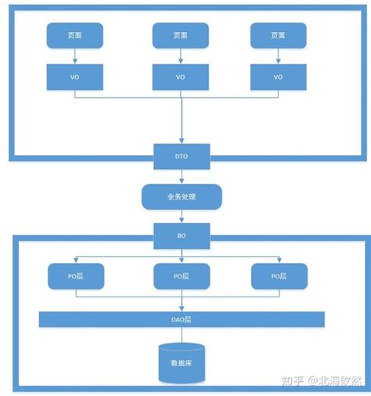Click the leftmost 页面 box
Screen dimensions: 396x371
pos(74,34)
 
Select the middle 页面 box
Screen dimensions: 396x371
pos(181,34)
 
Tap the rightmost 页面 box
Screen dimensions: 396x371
pos(279,34)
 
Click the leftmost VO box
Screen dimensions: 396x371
pos(74,77)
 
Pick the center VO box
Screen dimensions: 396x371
pos(181,77)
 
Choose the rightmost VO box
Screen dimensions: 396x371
pos(279,77)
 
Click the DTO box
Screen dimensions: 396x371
pos(181,157)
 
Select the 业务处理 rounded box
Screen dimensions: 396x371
pos(181,196)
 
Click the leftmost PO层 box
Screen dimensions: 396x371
pos(74,275)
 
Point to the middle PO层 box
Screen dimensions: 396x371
pos(181,275)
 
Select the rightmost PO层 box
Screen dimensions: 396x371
pos(279,275)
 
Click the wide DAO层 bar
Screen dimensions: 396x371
pos(181,319)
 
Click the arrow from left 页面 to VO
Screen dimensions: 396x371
pos(74,56)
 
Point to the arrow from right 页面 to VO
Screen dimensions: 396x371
pos(279,56)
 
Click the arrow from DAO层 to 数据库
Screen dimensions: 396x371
pos(181,334)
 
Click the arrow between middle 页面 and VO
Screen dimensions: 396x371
pos(181,56)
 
